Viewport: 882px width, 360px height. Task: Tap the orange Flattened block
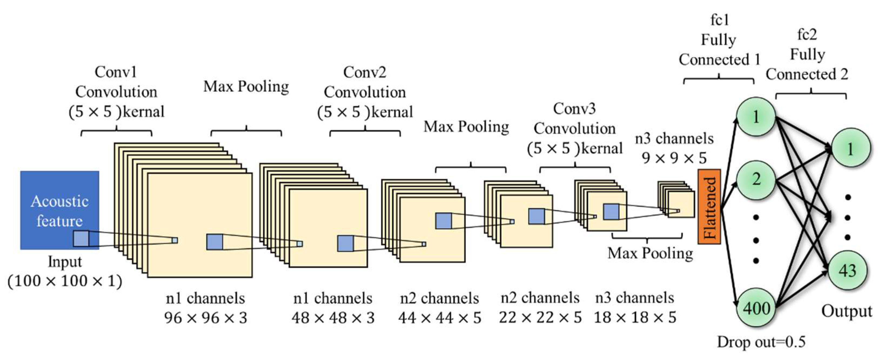click(x=709, y=206)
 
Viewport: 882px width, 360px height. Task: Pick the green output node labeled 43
click(x=847, y=271)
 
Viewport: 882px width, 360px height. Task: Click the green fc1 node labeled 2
click(x=756, y=179)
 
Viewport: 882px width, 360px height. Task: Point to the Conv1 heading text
click(x=116, y=72)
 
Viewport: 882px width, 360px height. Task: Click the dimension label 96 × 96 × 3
click(x=206, y=318)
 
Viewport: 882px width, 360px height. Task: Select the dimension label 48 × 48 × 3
click(x=333, y=318)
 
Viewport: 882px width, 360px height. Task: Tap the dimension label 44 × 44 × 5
click(x=440, y=318)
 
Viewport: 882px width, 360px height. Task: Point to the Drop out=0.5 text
click(x=761, y=342)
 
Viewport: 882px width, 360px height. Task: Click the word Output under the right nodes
click(x=846, y=311)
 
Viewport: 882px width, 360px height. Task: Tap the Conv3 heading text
click(x=574, y=109)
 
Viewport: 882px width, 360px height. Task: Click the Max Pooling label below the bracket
click(x=650, y=254)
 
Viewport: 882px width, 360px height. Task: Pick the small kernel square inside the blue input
click(x=81, y=239)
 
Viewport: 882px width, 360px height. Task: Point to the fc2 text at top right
click(x=807, y=35)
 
